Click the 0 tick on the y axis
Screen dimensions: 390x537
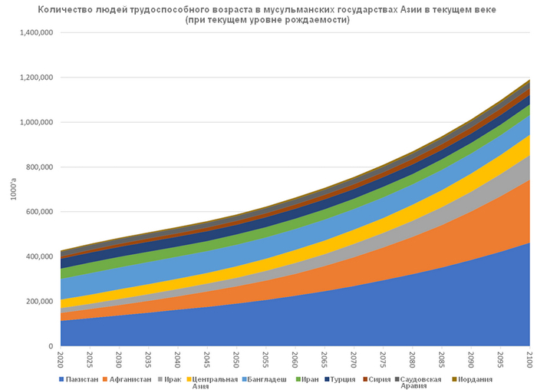pos(49,346)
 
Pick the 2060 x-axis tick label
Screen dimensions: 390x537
pos(295,359)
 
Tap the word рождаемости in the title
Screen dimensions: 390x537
pos(318,19)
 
